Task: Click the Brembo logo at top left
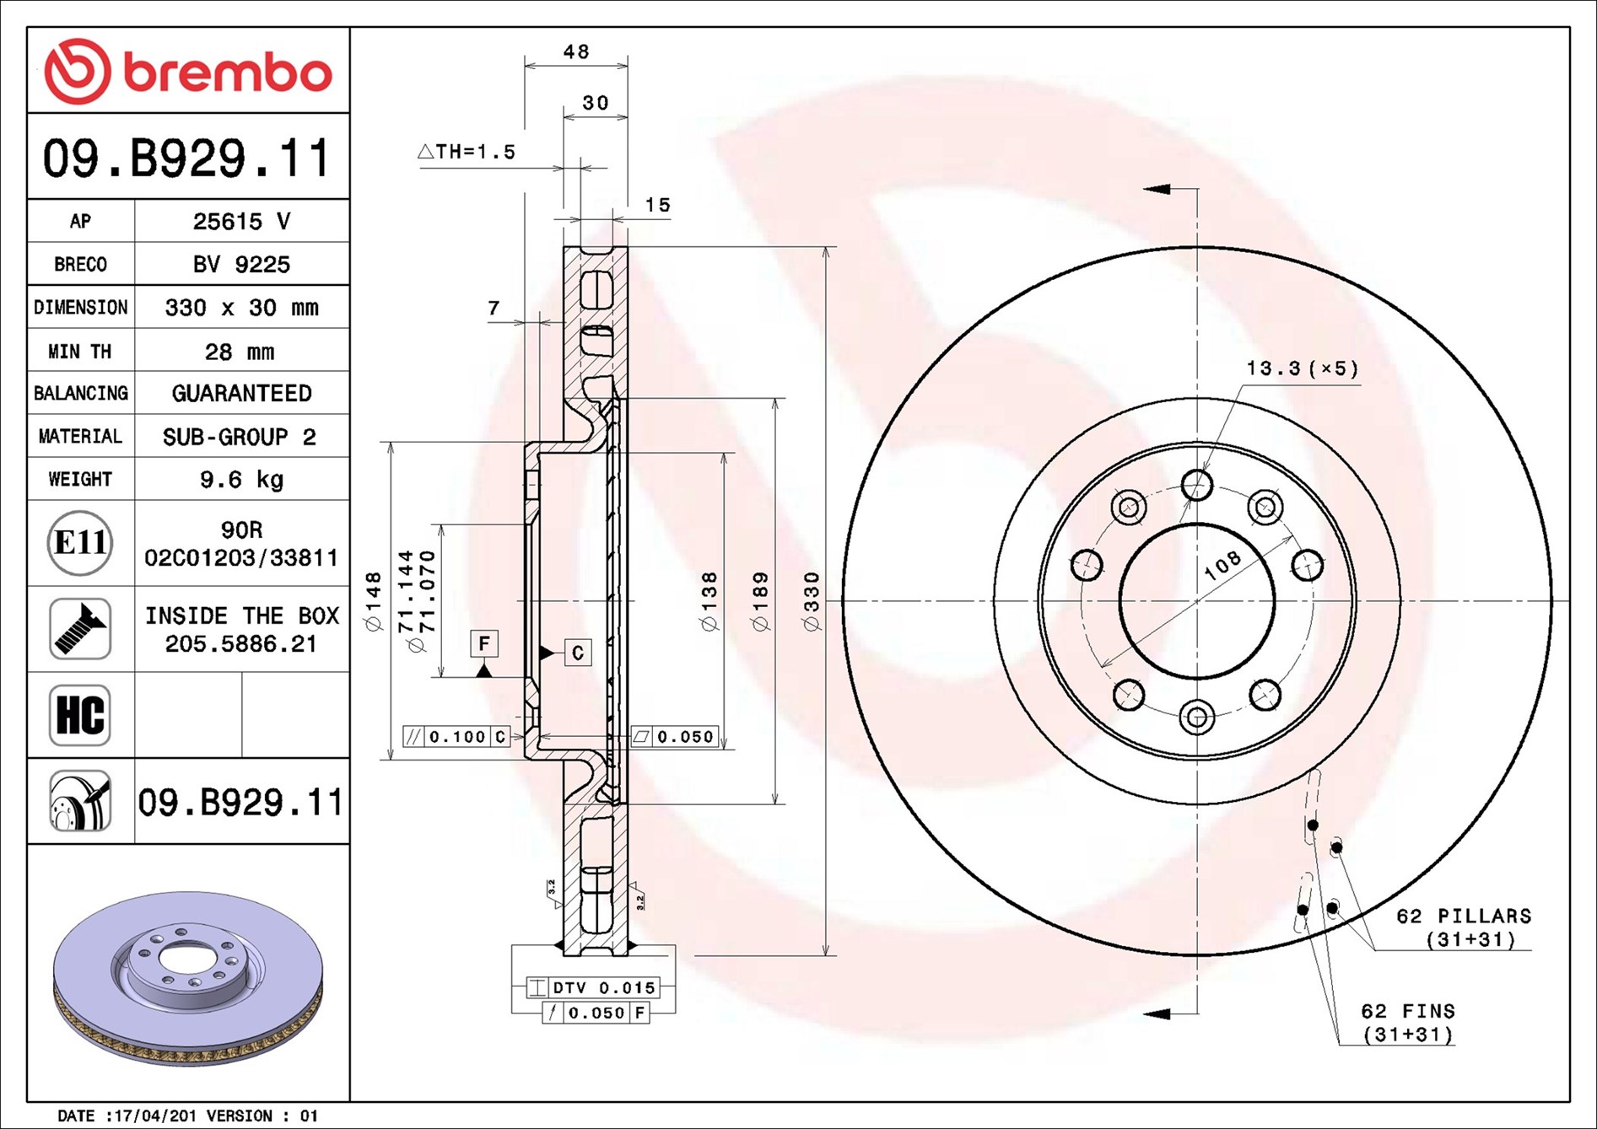tap(187, 72)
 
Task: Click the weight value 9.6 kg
tap(241, 480)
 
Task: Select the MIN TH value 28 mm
tap(240, 352)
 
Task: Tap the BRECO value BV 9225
tap(241, 265)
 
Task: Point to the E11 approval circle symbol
tap(80, 543)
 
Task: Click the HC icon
tap(80, 715)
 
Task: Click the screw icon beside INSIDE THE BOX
tap(80, 629)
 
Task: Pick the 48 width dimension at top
tap(576, 52)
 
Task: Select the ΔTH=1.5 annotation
tap(467, 153)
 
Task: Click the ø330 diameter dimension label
tap(812, 601)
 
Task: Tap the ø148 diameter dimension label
tap(374, 601)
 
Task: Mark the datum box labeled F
tap(484, 644)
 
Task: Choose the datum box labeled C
tap(578, 653)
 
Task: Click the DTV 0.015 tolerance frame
tap(592, 987)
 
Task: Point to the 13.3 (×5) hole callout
tap(1303, 368)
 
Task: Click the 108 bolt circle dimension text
tap(1222, 565)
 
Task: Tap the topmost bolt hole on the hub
tap(1196, 485)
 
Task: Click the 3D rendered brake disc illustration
tap(187, 978)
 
